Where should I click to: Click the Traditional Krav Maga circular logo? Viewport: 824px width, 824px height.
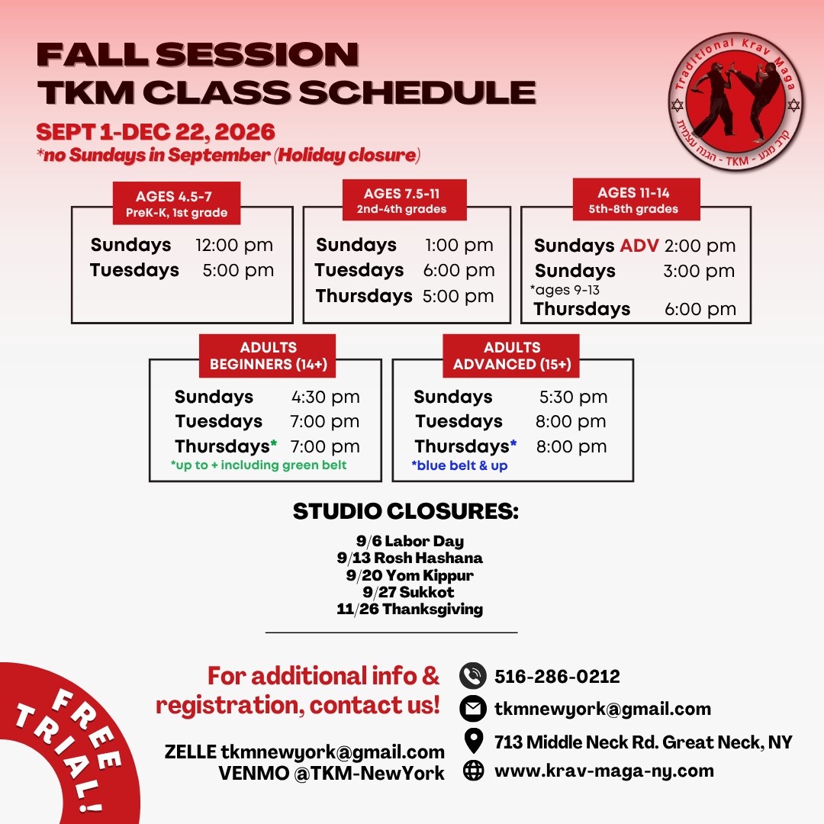point(735,101)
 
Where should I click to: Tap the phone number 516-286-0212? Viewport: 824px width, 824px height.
point(557,676)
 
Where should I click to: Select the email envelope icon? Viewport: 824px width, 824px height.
point(473,708)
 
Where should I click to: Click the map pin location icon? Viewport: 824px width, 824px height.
point(474,741)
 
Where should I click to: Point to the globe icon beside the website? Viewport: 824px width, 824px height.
point(474,771)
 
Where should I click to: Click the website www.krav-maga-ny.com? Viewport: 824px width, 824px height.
point(604,771)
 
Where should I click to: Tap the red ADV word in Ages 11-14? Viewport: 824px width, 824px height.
point(639,246)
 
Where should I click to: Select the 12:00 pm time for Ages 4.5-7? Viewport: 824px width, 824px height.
point(234,246)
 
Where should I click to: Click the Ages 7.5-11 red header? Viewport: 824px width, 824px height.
point(404,200)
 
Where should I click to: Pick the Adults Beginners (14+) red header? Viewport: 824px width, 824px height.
point(268,356)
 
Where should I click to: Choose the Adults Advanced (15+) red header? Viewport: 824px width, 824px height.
point(511,356)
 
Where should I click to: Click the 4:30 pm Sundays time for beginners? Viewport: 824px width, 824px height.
point(326,397)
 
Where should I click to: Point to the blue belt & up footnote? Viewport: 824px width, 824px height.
point(460,465)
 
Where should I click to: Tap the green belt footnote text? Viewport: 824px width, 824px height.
point(259,465)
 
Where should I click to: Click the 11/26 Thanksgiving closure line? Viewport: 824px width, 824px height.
point(410,609)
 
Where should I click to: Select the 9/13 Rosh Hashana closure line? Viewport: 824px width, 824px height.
point(410,558)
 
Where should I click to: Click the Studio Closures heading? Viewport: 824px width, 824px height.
point(406,511)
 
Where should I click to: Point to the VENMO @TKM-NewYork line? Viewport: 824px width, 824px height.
point(332,774)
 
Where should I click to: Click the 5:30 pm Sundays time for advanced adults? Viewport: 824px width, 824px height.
point(573,397)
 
